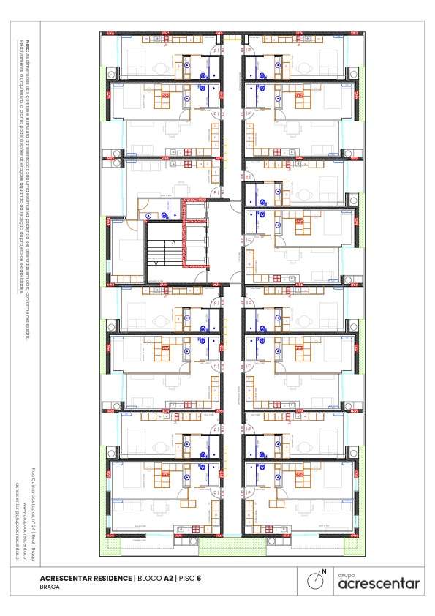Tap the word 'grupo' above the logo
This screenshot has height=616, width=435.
[x=346, y=574]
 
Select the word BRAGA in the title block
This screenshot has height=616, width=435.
[x=50, y=587]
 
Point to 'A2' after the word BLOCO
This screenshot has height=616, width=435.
[x=168, y=578]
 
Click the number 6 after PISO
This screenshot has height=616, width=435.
[x=198, y=578]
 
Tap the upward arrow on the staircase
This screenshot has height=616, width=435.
[x=173, y=242]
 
